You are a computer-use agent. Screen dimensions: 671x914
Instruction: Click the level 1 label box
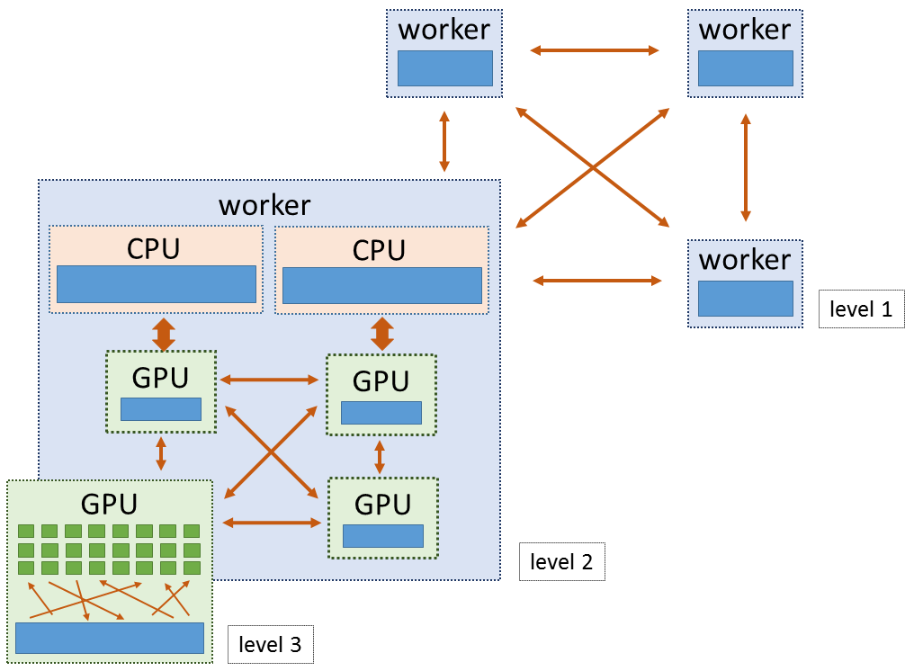coord(861,309)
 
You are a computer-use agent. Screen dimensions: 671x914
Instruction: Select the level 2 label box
coord(561,562)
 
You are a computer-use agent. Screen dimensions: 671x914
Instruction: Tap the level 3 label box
coord(270,644)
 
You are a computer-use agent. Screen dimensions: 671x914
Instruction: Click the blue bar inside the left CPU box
coord(156,284)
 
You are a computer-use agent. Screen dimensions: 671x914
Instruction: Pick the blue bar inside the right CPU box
coord(381,285)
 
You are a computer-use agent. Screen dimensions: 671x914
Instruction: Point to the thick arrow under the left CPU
coord(163,334)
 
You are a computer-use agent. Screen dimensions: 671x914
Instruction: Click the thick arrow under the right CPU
coord(382,334)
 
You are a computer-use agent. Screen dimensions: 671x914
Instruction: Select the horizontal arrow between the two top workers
coord(595,51)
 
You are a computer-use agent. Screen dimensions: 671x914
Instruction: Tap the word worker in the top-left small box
coord(444,29)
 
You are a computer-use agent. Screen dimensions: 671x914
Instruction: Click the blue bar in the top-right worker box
coord(745,68)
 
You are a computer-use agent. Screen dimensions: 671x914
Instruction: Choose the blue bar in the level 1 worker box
coord(745,299)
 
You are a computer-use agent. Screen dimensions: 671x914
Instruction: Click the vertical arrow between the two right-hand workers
coord(745,167)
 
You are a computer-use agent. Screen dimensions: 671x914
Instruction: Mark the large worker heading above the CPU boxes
coord(264,204)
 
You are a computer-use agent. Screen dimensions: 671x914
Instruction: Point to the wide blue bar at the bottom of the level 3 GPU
coord(110,638)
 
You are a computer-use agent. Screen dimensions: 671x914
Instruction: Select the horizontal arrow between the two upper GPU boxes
coord(271,380)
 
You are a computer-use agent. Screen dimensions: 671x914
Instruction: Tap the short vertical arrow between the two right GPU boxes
coord(380,456)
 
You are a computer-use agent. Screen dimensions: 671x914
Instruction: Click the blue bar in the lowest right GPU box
coord(382,536)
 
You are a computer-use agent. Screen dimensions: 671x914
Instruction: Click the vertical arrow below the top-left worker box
coord(444,141)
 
